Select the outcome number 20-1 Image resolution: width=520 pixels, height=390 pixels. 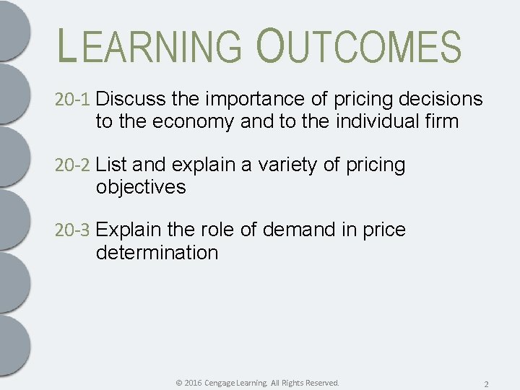73,100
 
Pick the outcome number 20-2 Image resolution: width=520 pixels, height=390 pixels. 73,165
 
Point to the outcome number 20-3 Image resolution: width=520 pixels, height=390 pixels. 73,230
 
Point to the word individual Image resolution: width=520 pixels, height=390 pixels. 381,121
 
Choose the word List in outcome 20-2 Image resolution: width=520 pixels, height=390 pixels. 110,165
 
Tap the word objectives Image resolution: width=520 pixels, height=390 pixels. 141,187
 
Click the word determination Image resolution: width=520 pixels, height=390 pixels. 157,253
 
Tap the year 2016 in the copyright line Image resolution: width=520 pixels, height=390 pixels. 193,382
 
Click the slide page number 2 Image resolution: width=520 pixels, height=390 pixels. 486,383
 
